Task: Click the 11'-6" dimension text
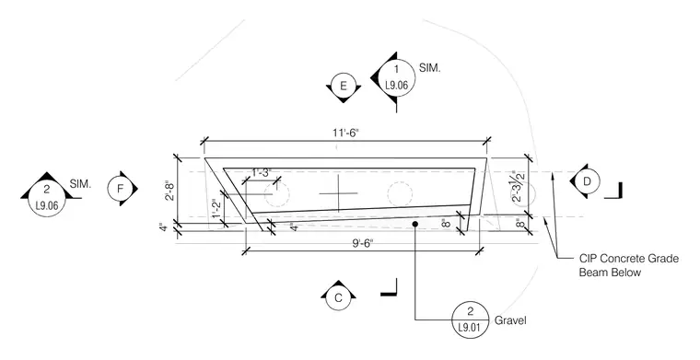344,134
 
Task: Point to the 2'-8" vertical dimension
169,190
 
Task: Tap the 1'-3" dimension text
262,173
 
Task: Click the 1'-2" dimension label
216,208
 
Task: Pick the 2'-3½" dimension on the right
519,186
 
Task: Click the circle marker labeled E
343,87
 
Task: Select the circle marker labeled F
120,189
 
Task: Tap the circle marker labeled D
587,181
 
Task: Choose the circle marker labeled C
338,298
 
